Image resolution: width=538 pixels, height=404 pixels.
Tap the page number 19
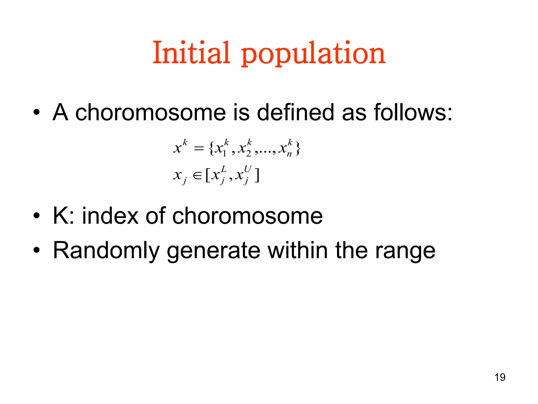pos(500,377)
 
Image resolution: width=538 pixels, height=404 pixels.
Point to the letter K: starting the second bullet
pos(63,216)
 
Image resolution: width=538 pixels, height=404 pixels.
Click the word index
pos(110,216)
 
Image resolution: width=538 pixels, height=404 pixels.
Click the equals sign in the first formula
pos(199,149)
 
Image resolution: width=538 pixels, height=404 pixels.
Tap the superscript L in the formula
pos(224,169)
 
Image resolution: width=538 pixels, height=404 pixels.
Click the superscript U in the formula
pos(247,169)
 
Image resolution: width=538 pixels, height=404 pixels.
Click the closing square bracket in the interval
pos(257,175)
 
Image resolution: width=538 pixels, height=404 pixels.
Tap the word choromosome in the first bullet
pos(151,112)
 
